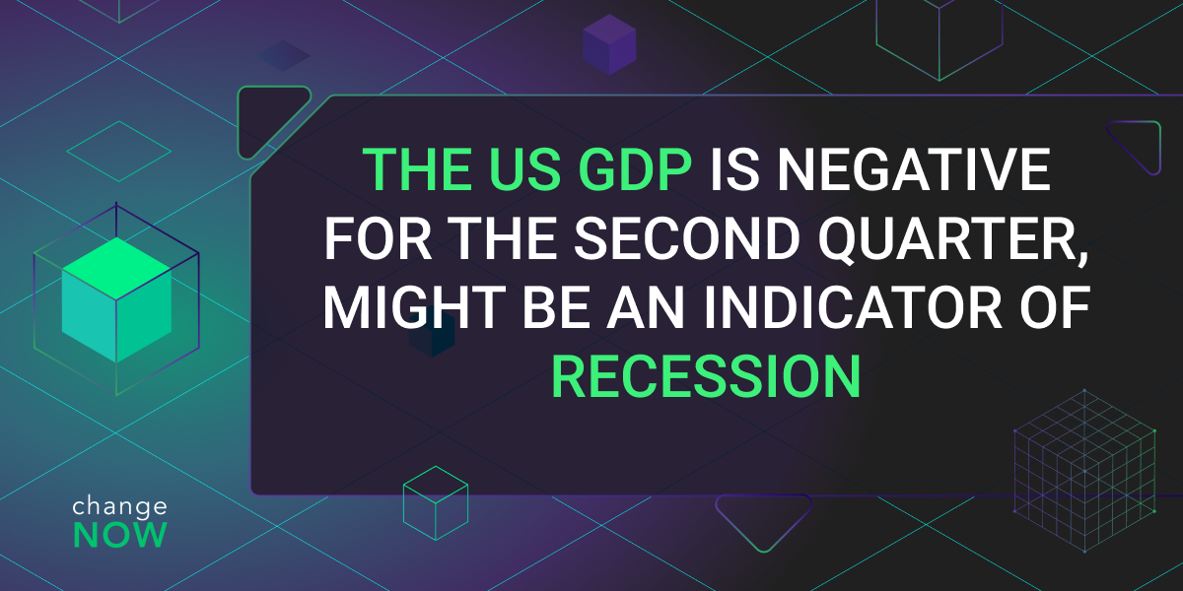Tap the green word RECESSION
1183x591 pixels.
[x=707, y=376]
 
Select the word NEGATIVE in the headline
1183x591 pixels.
[x=913, y=169]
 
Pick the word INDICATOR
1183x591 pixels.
[x=853, y=307]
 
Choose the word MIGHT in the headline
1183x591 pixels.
[x=415, y=307]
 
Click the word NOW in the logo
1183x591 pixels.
[x=120, y=535]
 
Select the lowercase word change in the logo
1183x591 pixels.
[x=120, y=506]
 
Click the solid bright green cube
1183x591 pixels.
[x=116, y=299]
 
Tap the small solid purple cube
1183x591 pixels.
[x=609, y=45]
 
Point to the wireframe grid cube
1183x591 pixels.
[x=1084, y=471]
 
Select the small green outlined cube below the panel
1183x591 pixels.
[x=436, y=503]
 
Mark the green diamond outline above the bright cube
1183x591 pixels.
[x=119, y=152]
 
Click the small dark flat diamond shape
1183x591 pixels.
[x=284, y=56]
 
